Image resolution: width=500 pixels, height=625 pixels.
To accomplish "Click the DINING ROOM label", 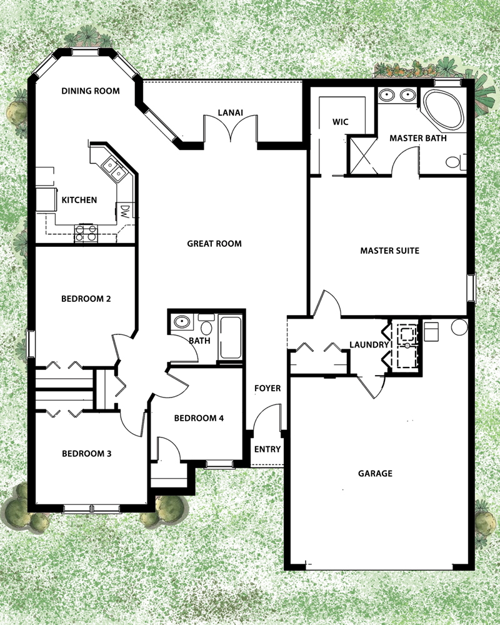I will (x=91, y=91).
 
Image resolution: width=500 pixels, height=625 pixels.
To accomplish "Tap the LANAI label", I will (x=230, y=113).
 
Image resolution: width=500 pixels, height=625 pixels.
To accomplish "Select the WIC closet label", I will (x=340, y=122).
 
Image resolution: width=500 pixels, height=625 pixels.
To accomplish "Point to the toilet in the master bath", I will (x=454, y=162).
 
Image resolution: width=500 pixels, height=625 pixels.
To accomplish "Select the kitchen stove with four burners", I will (x=86, y=234).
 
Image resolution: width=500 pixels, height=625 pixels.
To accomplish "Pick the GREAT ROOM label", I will (x=214, y=244).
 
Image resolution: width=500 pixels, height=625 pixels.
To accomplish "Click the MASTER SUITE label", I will (x=389, y=251).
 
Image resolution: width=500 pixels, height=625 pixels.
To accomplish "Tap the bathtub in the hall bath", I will (x=231, y=338).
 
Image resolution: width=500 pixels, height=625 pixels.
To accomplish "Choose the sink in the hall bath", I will (x=182, y=322).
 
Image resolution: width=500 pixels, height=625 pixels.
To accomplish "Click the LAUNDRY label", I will (x=369, y=344).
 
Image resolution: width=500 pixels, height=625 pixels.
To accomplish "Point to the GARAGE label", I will (x=375, y=473).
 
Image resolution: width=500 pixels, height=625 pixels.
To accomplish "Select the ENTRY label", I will (x=267, y=449).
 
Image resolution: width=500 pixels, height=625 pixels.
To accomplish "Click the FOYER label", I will (x=267, y=388).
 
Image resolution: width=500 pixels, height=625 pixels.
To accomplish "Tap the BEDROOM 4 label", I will (x=199, y=418).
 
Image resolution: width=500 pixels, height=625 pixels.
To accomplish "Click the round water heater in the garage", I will (x=459, y=326).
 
